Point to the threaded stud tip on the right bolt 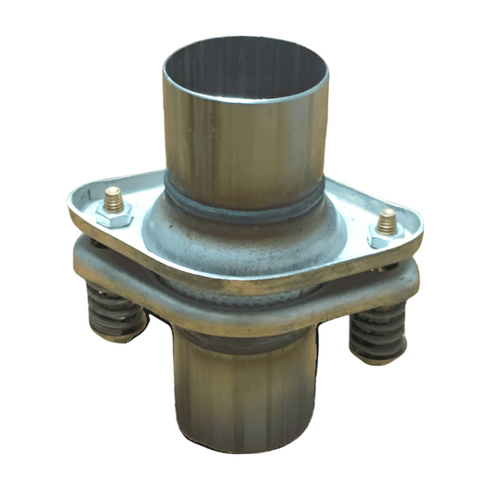point(387,222)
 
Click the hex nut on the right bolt point(385,237)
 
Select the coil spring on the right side point(379,328)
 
